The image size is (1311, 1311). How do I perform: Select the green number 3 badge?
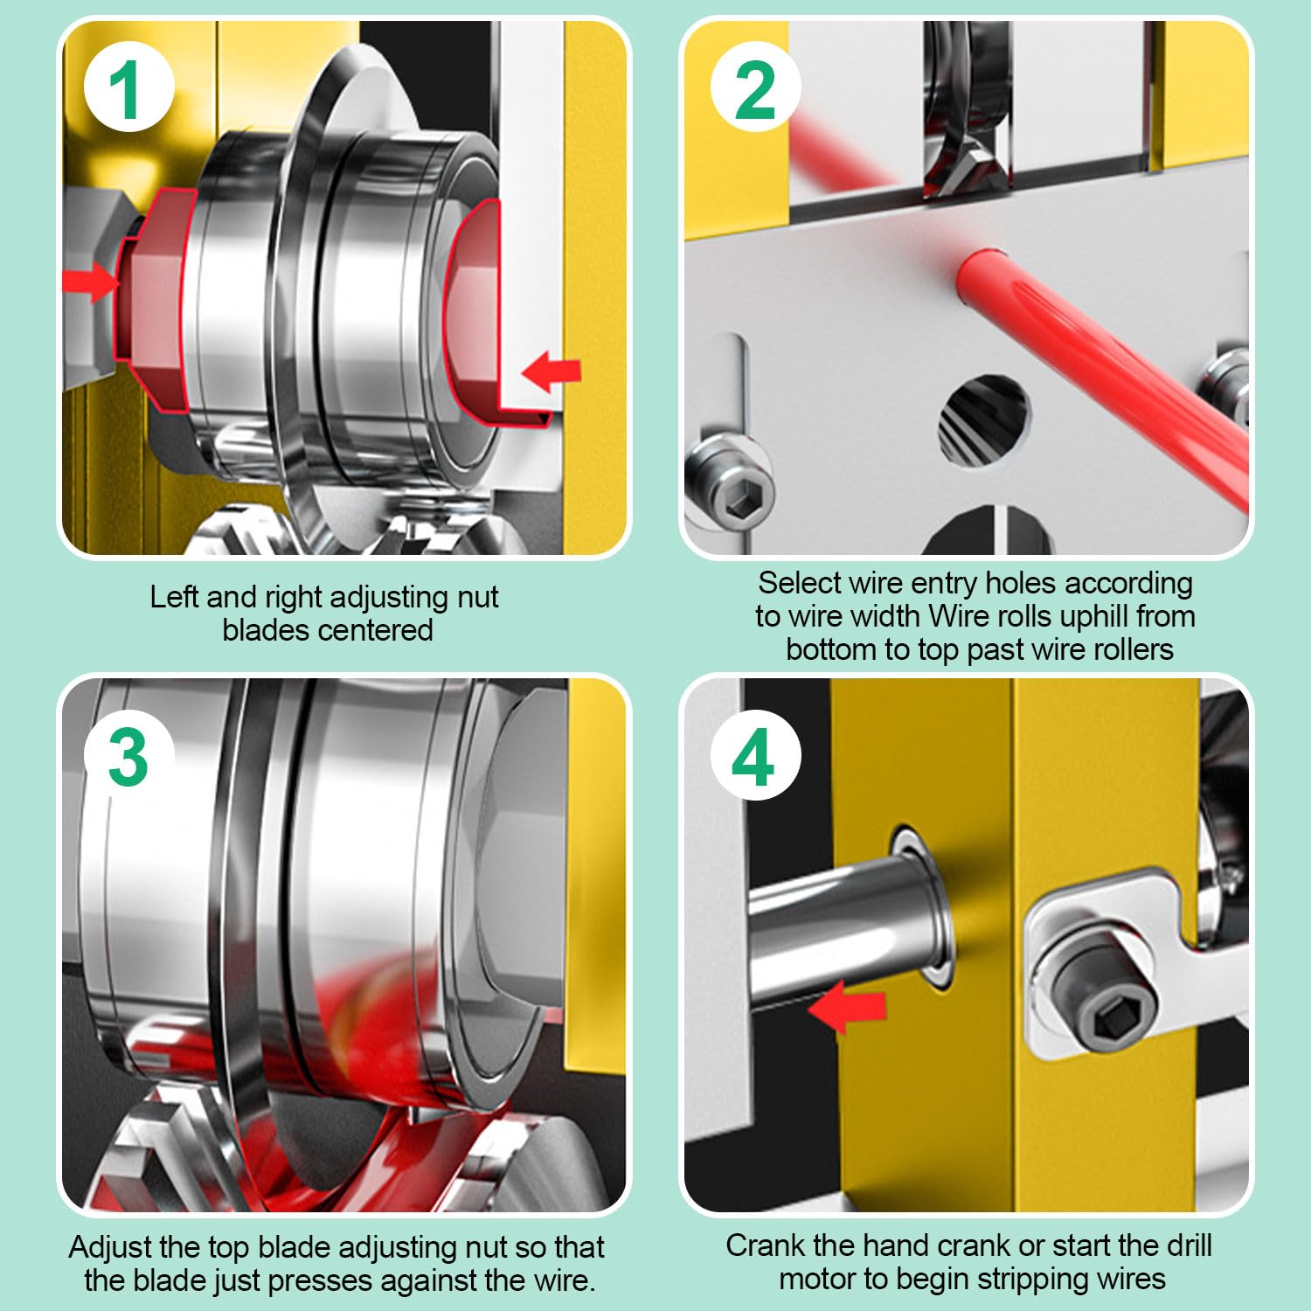128,757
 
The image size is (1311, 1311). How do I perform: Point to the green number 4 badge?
754,757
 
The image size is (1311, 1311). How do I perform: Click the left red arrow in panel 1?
91,282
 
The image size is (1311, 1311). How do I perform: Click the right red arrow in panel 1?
551,371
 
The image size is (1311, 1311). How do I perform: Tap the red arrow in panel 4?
846,1006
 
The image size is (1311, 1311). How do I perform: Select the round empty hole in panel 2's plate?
984,421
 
